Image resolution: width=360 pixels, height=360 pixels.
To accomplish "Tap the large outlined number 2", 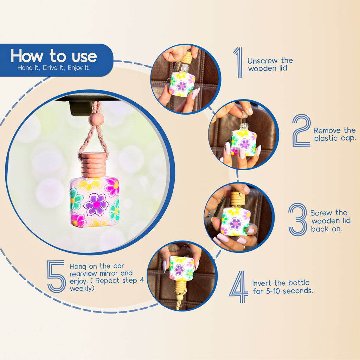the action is pyautogui.click(x=301, y=130).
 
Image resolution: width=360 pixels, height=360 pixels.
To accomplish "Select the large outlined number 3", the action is pyautogui.click(x=298, y=219).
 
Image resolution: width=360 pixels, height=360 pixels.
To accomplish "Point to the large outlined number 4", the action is pyautogui.click(x=239, y=287).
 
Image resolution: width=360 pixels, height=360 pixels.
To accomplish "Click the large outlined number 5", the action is pyautogui.click(x=56, y=276).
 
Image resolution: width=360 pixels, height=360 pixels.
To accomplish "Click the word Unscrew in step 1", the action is pyautogui.click(x=262, y=61).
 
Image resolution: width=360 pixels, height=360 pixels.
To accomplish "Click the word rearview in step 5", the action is pyautogui.click(x=84, y=274).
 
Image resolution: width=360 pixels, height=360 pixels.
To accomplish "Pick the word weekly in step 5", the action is pyautogui.click(x=81, y=288).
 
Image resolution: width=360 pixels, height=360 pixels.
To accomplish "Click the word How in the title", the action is pyautogui.click(x=27, y=56).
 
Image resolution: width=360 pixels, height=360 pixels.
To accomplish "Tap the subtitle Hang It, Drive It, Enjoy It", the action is pyautogui.click(x=53, y=68).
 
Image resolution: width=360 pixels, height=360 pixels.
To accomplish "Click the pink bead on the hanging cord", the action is pyautogui.click(x=96, y=120).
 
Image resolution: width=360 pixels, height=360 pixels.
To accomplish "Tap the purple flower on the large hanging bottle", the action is pyautogui.click(x=96, y=204).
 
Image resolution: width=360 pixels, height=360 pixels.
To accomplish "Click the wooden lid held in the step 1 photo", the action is pyautogui.click(x=186, y=58).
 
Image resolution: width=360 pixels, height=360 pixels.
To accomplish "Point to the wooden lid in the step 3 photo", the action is pyautogui.click(x=237, y=199).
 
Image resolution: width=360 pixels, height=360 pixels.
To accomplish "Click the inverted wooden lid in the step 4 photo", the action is pyautogui.click(x=180, y=287).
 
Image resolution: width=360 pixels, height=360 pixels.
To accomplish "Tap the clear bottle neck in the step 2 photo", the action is pyautogui.click(x=244, y=127).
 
